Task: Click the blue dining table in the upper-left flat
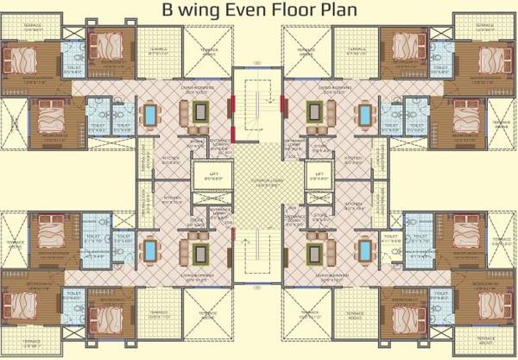pyautogui.click(x=151, y=114)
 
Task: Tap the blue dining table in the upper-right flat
pyautogui.click(x=367, y=114)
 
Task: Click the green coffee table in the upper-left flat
pyautogui.click(x=201, y=112)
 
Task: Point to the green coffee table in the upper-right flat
pyautogui.click(x=316, y=112)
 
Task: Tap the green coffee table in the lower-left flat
pyautogui.click(x=201, y=252)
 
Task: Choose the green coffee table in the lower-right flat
pyautogui.click(x=316, y=252)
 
